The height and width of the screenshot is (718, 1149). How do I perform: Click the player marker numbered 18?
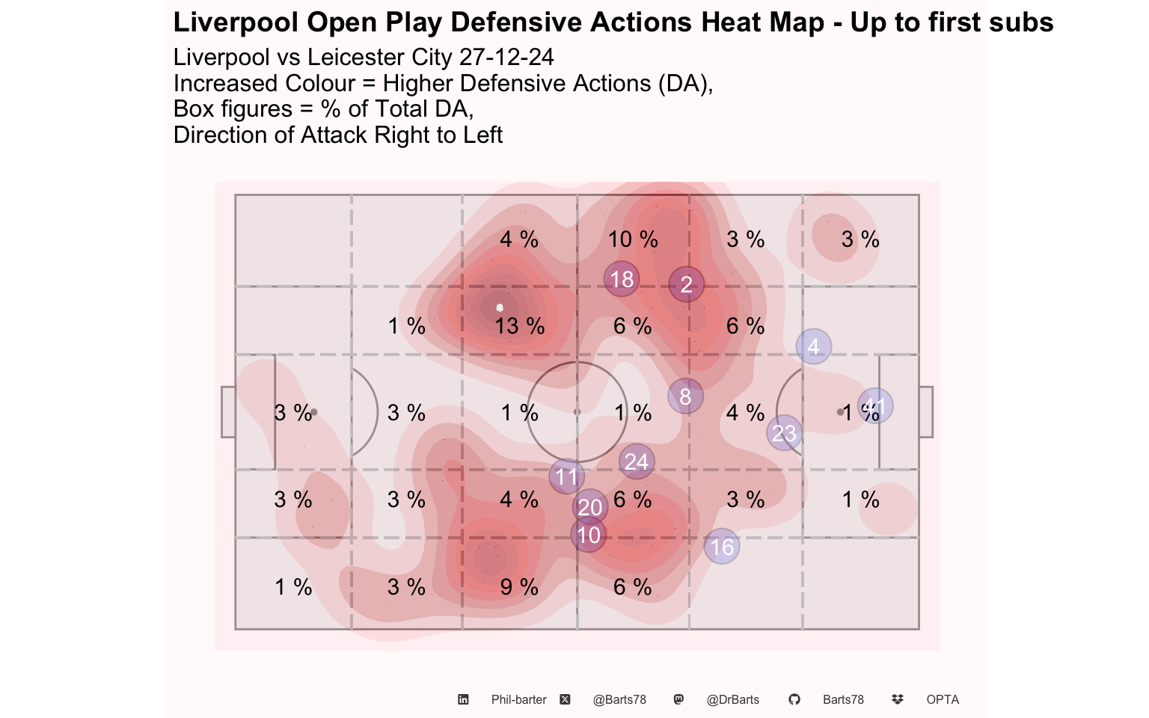[622, 279]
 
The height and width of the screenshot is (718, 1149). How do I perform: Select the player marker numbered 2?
[687, 285]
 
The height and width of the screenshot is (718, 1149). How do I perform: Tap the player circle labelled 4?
[814, 346]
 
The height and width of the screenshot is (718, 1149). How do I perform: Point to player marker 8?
[685, 396]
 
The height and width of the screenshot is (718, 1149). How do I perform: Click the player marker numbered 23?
[784, 433]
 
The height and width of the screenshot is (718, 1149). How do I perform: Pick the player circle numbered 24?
[637, 461]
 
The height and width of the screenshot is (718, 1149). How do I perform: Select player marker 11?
[566, 476]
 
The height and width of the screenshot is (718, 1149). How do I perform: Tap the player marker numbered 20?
[590, 507]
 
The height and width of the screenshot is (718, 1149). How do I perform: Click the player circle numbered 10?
[589, 535]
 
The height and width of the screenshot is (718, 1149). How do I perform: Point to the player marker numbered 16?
[722, 547]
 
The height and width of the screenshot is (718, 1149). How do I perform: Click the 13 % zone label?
[519, 326]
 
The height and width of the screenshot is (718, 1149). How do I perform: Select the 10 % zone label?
[633, 239]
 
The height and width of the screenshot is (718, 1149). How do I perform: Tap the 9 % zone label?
[519, 587]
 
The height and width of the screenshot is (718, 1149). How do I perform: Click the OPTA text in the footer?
[943, 700]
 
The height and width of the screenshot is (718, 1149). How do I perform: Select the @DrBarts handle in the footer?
[733, 700]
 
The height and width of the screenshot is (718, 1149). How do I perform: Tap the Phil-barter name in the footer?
[518, 700]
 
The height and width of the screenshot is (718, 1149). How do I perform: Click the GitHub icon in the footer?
[794, 699]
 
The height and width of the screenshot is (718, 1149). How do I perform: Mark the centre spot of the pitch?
[577, 412]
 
